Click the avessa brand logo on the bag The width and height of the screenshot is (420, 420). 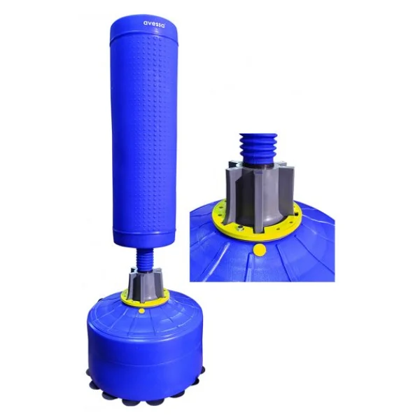click(154, 23)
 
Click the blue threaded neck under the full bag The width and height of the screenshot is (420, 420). click(144, 257)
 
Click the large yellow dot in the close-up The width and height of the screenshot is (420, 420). click(260, 250)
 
